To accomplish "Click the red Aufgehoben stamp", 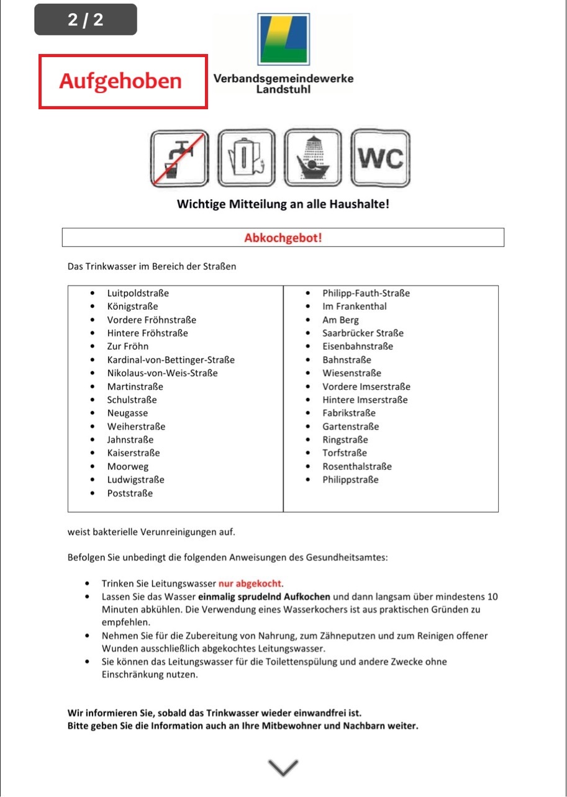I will [x=123, y=81].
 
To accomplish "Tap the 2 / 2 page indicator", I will [x=86, y=20].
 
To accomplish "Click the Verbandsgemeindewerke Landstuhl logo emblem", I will [x=283, y=39].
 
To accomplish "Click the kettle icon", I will [x=247, y=158].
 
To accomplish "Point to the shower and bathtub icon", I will [x=314, y=158].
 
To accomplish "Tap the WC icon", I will [x=380, y=158].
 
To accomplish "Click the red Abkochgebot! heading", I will [x=283, y=238].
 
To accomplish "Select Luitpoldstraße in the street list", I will [x=137, y=293].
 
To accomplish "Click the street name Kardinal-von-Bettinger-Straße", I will [x=171, y=360].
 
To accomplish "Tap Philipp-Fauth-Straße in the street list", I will [x=366, y=293].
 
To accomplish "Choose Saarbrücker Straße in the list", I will [x=363, y=333].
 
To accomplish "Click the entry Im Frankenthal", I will [x=354, y=307].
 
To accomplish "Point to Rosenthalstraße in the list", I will [x=356, y=467].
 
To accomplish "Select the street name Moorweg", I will [x=127, y=467].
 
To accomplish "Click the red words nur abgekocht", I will [x=250, y=584].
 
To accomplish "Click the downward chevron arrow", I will [x=283, y=767].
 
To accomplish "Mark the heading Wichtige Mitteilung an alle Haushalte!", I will [x=283, y=204].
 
